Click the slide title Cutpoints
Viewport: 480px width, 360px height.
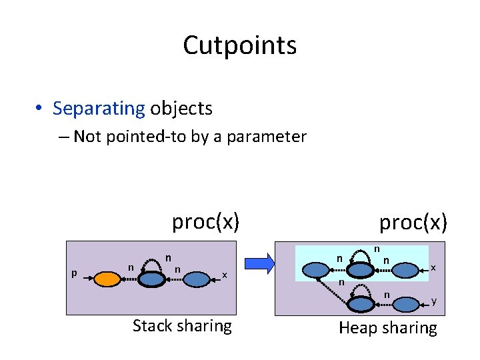click(239, 45)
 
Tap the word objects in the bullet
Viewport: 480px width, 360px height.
click(181, 108)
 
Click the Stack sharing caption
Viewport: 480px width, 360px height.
click(182, 325)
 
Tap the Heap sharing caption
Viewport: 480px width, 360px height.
click(388, 327)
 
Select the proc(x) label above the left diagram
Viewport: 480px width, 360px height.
click(205, 221)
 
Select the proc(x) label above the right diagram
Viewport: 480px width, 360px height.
click(413, 222)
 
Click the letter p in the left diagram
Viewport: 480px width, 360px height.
click(74, 273)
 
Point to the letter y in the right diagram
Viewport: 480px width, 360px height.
click(434, 301)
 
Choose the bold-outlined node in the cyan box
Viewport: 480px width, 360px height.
click(361, 269)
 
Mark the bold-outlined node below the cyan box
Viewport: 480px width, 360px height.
click(361, 303)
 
